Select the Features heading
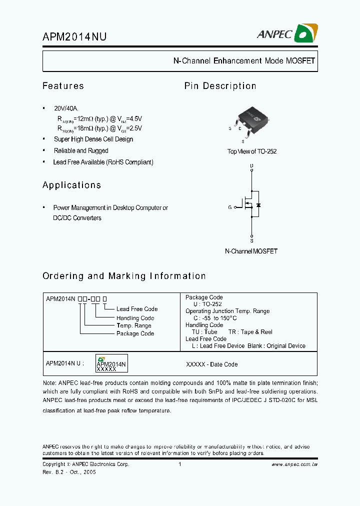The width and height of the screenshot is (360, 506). (63, 86)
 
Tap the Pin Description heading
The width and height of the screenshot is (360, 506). (220, 86)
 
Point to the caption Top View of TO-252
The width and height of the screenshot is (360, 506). (251, 151)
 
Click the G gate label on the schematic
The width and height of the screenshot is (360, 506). (230, 207)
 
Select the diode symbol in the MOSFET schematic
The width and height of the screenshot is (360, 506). (258, 205)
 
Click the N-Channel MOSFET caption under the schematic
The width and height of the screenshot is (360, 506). (251, 251)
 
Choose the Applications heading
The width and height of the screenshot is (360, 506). (71, 185)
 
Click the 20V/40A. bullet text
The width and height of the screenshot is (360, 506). (66, 108)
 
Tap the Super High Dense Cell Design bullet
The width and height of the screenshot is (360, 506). (93, 139)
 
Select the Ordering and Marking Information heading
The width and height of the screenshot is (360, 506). (124, 276)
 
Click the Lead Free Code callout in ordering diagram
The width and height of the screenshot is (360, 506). (137, 309)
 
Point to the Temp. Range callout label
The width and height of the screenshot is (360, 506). (134, 325)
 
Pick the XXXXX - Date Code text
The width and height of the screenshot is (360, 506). (211, 364)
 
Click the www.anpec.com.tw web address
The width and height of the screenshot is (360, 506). (294, 464)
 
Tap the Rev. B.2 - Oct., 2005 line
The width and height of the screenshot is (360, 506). (69, 472)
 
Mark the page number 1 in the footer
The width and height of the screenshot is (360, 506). (179, 464)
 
